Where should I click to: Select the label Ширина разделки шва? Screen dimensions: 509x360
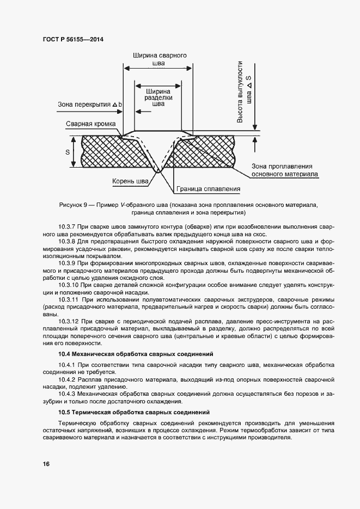(x=158, y=97)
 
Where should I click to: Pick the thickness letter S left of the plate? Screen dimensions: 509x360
(x=68, y=152)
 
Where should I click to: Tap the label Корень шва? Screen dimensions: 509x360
(x=130, y=180)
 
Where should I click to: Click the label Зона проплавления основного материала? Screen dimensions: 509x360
(x=285, y=170)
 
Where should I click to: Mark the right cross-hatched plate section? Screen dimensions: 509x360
(x=212, y=152)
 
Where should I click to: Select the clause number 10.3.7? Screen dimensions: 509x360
(x=68, y=225)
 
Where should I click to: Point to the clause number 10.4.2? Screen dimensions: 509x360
(x=68, y=379)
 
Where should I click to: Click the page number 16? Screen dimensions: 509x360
(x=46, y=464)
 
